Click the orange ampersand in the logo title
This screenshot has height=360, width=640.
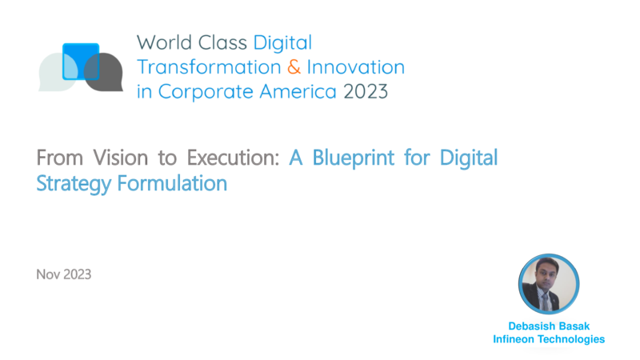(294, 67)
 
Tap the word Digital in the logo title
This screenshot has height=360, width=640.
(282, 43)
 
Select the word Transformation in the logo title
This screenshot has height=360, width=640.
(209, 67)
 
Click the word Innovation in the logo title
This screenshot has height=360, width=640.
(355, 67)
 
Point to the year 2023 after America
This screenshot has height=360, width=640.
(366, 91)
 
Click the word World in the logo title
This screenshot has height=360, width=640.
(165, 43)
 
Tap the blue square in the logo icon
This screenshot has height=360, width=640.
(81, 62)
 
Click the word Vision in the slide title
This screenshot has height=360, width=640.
(121, 158)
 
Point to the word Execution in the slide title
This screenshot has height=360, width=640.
(233, 158)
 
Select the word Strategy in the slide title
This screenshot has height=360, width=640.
(74, 184)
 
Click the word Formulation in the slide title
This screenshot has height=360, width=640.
(172, 183)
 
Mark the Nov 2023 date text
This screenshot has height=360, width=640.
(64, 274)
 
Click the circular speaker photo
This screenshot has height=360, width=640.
(549, 284)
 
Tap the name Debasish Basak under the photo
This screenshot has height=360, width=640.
(549, 326)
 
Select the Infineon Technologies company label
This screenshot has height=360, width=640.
(549, 339)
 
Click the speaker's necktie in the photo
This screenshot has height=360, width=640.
(545, 302)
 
